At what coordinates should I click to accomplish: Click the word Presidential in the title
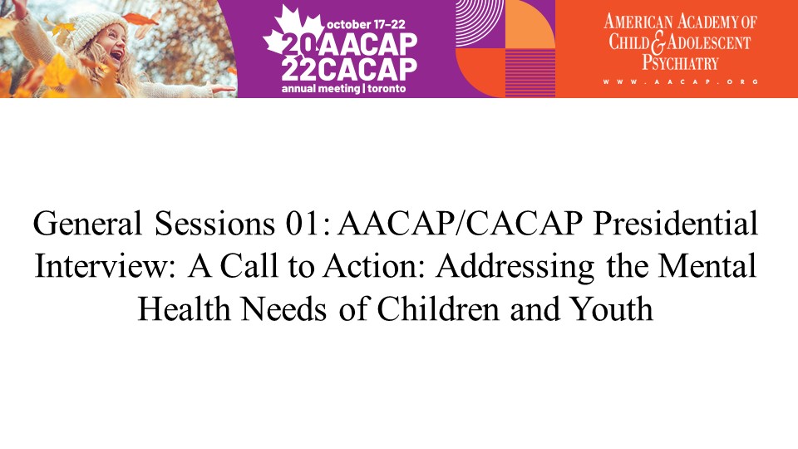click(x=676, y=223)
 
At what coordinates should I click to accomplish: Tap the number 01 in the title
click(x=302, y=223)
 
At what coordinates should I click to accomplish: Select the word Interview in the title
click(x=106, y=266)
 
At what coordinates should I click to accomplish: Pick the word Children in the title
click(x=438, y=308)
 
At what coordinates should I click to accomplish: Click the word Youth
click(x=611, y=308)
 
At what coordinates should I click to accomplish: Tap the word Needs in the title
click(x=283, y=308)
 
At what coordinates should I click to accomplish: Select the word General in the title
click(x=87, y=223)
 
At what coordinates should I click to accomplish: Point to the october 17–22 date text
click(x=366, y=24)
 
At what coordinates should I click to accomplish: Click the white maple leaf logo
click(x=292, y=31)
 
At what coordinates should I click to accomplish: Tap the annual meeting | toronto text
click(x=344, y=89)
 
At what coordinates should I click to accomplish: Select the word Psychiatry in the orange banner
click(x=680, y=62)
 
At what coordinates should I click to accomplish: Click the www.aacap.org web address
click(x=681, y=81)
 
